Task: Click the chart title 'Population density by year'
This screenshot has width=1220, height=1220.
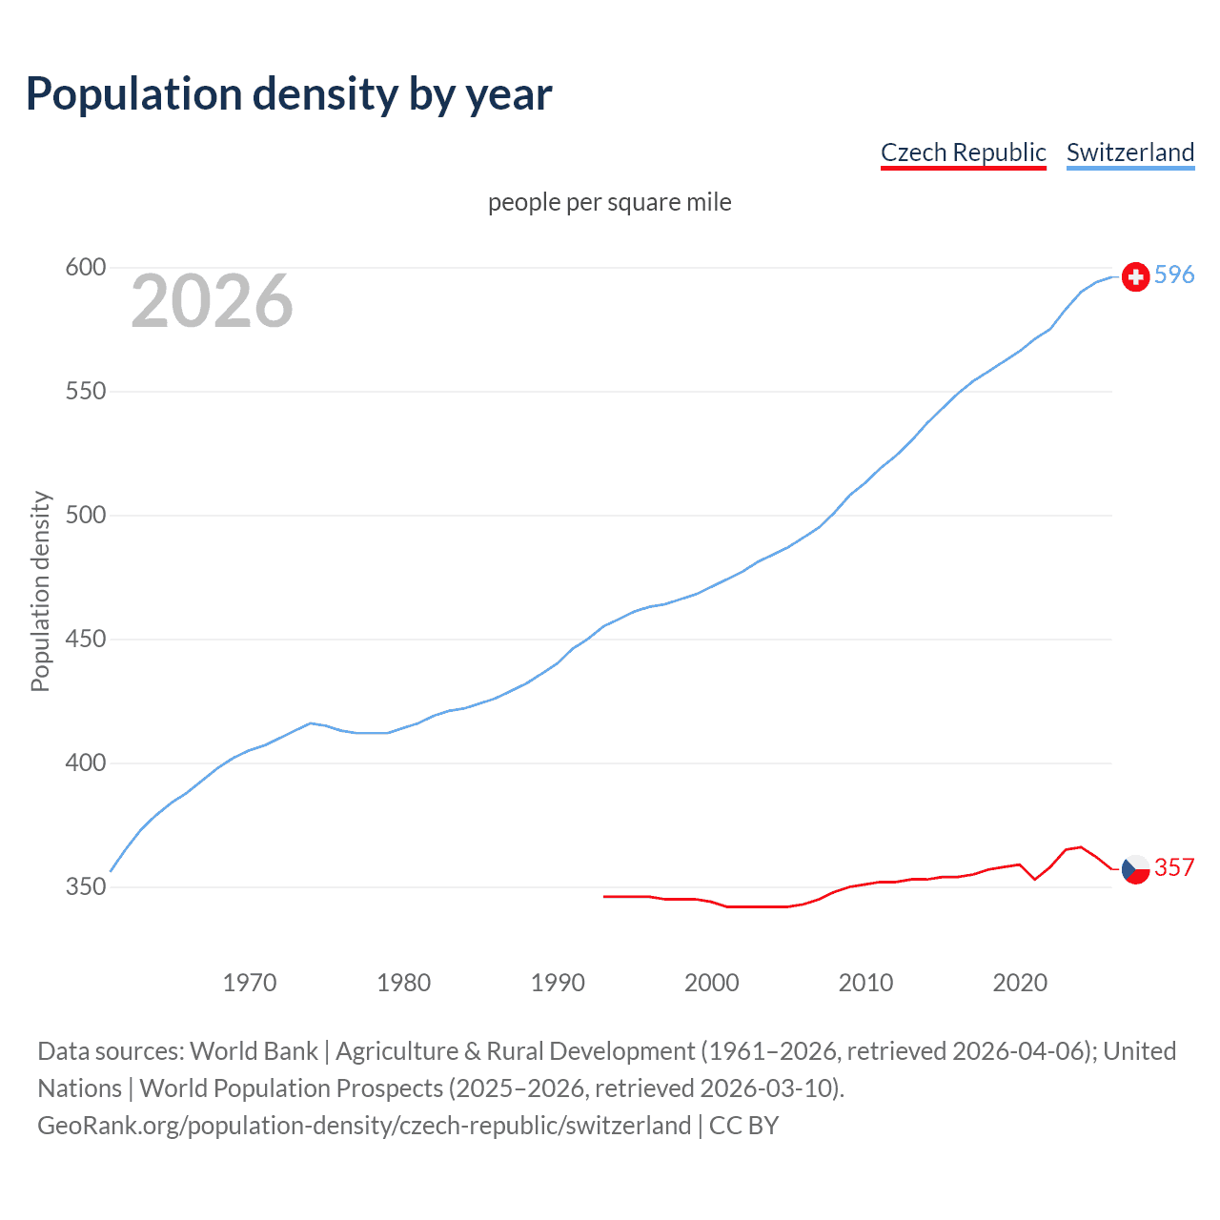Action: (289, 94)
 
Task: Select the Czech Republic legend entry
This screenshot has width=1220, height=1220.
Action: (963, 152)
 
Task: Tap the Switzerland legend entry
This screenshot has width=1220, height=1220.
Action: (1129, 152)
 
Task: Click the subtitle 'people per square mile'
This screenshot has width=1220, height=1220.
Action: (609, 202)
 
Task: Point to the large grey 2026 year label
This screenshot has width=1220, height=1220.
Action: (212, 301)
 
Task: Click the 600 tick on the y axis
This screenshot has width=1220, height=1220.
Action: (85, 268)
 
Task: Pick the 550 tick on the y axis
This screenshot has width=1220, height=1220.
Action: (85, 392)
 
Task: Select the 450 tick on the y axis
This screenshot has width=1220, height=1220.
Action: (85, 640)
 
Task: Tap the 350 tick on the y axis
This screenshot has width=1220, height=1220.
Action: (85, 887)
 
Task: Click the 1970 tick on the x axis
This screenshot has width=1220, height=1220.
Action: (249, 983)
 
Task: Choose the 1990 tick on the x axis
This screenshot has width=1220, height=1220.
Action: (558, 983)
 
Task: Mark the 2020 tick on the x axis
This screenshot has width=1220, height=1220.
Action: (1020, 983)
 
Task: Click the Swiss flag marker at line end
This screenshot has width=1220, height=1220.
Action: (1135, 276)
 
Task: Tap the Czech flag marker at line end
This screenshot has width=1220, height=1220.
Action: (1135, 869)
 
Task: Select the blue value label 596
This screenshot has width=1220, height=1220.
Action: (1174, 275)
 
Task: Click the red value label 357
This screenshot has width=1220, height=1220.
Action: (1174, 867)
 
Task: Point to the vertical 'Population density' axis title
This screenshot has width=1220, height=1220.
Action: (40, 591)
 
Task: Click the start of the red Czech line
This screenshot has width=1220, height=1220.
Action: (605, 896)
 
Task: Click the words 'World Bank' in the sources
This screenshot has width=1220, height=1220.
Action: (254, 1051)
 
